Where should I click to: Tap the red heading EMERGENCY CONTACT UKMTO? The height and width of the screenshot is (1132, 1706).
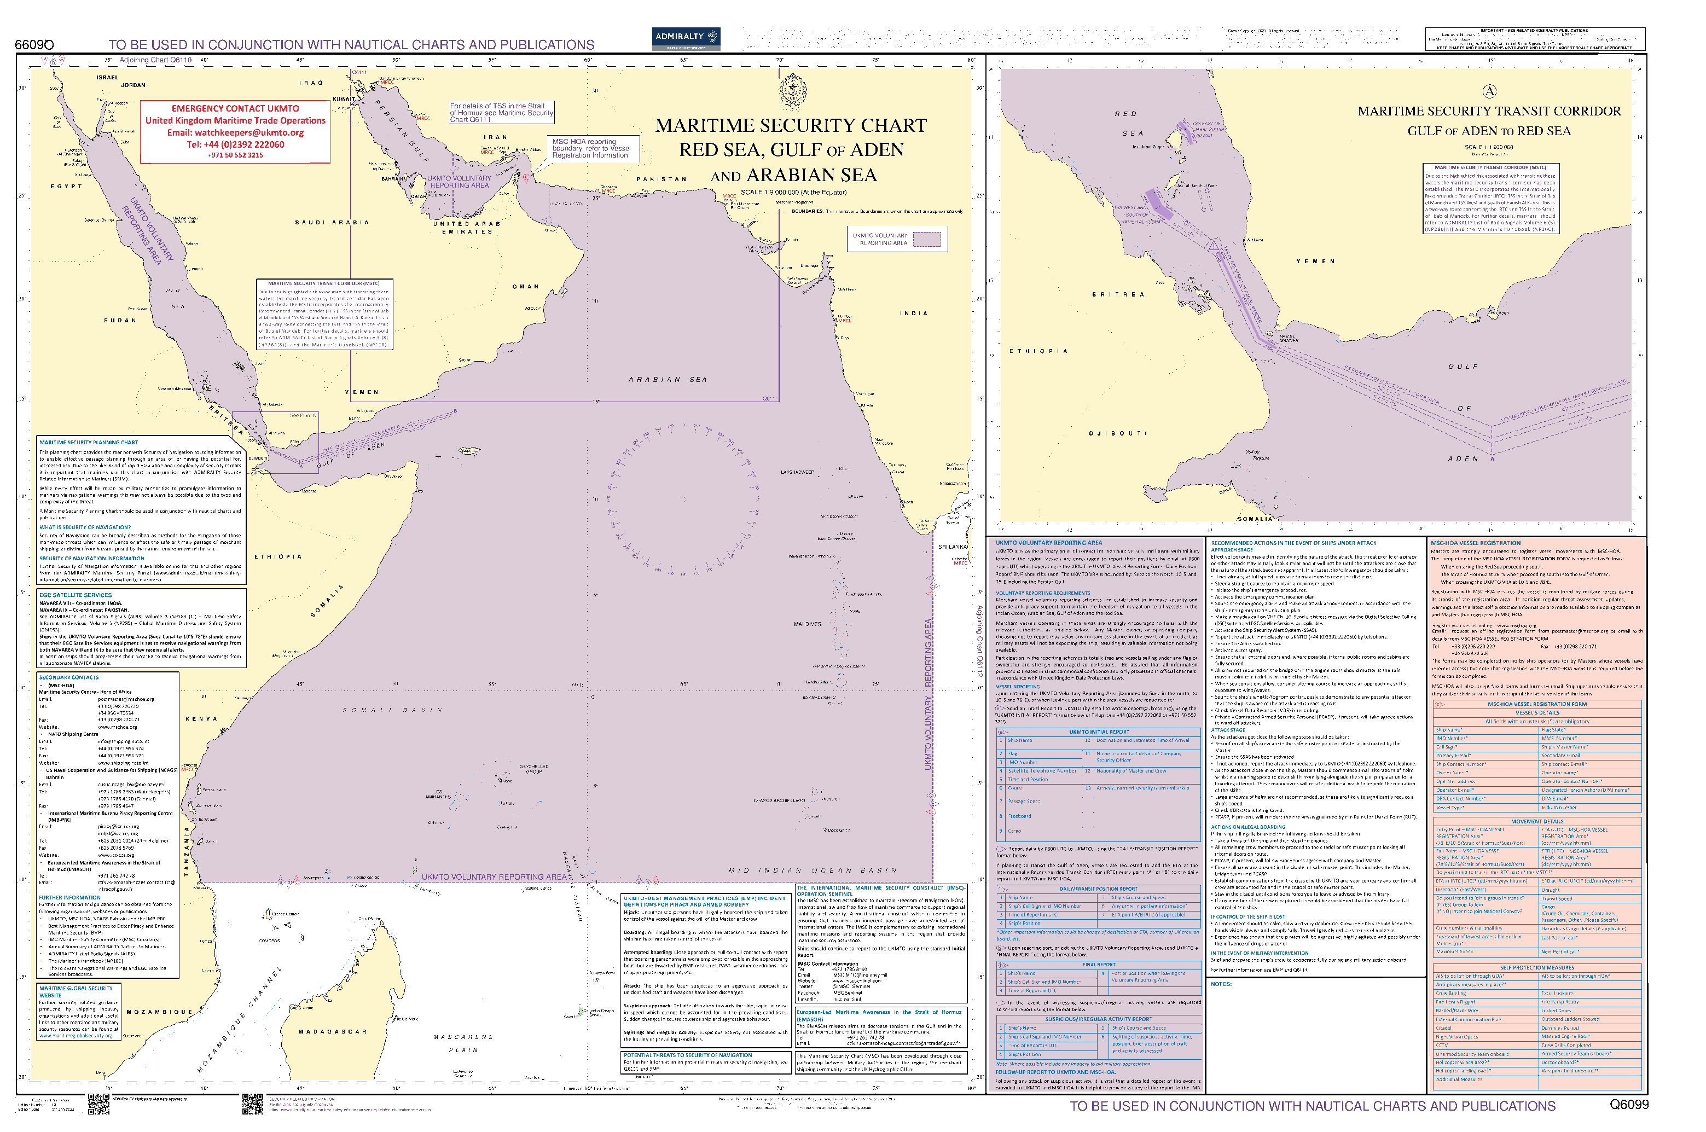point(235,108)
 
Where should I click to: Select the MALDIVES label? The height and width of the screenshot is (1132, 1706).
point(807,624)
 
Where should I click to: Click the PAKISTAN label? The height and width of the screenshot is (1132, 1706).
point(661,179)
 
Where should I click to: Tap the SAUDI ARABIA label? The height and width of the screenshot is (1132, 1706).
point(332,222)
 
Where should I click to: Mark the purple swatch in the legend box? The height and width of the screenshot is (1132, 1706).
point(927,239)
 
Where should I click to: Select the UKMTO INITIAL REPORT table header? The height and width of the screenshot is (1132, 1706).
point(1099,732)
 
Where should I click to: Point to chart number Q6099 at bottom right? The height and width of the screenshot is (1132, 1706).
point(1629,1105)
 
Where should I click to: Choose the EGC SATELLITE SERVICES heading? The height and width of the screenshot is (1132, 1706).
point(75,595)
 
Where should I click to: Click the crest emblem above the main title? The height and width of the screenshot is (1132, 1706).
point(792,92)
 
